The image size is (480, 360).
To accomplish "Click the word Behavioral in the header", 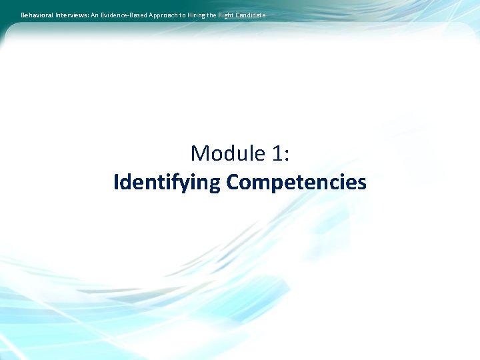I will [x=37, y=15].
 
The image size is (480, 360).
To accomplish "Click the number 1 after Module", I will [x=277, y=153].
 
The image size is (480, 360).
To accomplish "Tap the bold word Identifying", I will [x=167, y=182].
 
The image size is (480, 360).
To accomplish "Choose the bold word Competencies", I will [x=297, y=182].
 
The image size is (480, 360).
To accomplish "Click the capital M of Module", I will [x=199, y=153].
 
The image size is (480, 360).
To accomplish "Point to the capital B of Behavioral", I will [x=23, y=15].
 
